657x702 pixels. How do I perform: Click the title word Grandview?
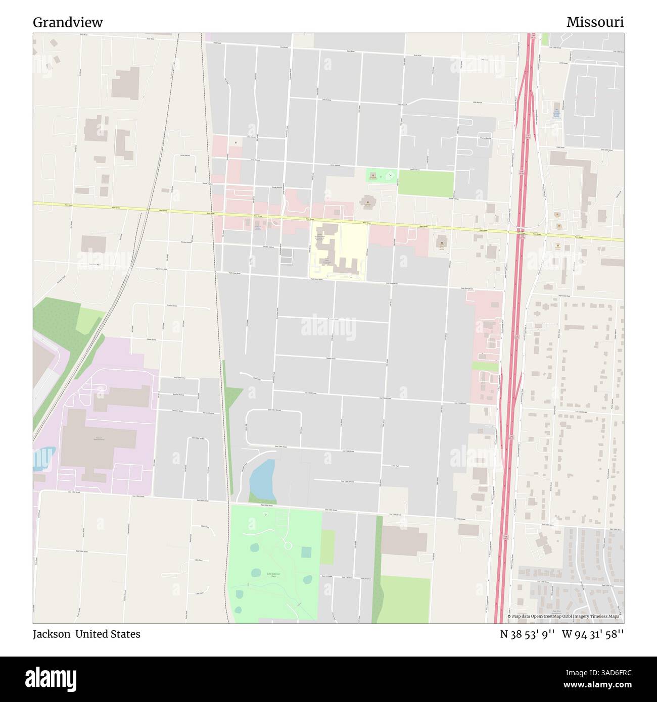tap(68, 22)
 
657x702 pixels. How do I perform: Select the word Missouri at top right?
tap(595, 22)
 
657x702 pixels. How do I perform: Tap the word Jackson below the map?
tap(52, 634)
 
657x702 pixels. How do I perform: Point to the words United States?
tap(108, 634)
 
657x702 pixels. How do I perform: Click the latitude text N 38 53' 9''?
tap(528, 634)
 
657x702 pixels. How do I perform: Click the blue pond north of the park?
tap(262, 478)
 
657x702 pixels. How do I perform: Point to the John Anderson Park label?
tap(273, 575)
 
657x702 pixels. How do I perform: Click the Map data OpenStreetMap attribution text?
tap(565, 616)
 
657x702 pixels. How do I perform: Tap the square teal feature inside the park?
tap(306, 552)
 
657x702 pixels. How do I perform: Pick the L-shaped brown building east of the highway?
tap(576, 174)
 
